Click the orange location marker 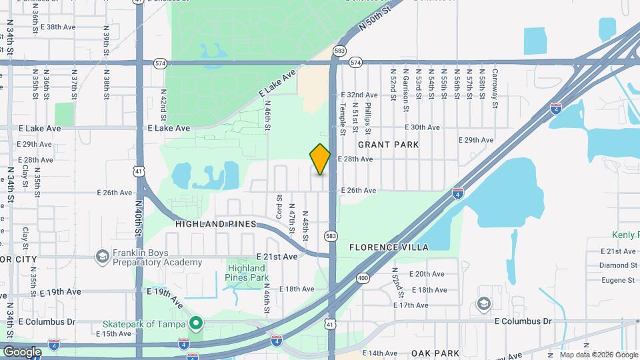(320, 159)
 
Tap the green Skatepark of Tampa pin (195, 324)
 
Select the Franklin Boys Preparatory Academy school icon (102, 257)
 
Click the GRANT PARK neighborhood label (388, 145)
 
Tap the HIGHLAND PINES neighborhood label (216, 224)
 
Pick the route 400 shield (363, 277)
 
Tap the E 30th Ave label (423, 127)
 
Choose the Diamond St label (619, 265)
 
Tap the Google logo (22, 351)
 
